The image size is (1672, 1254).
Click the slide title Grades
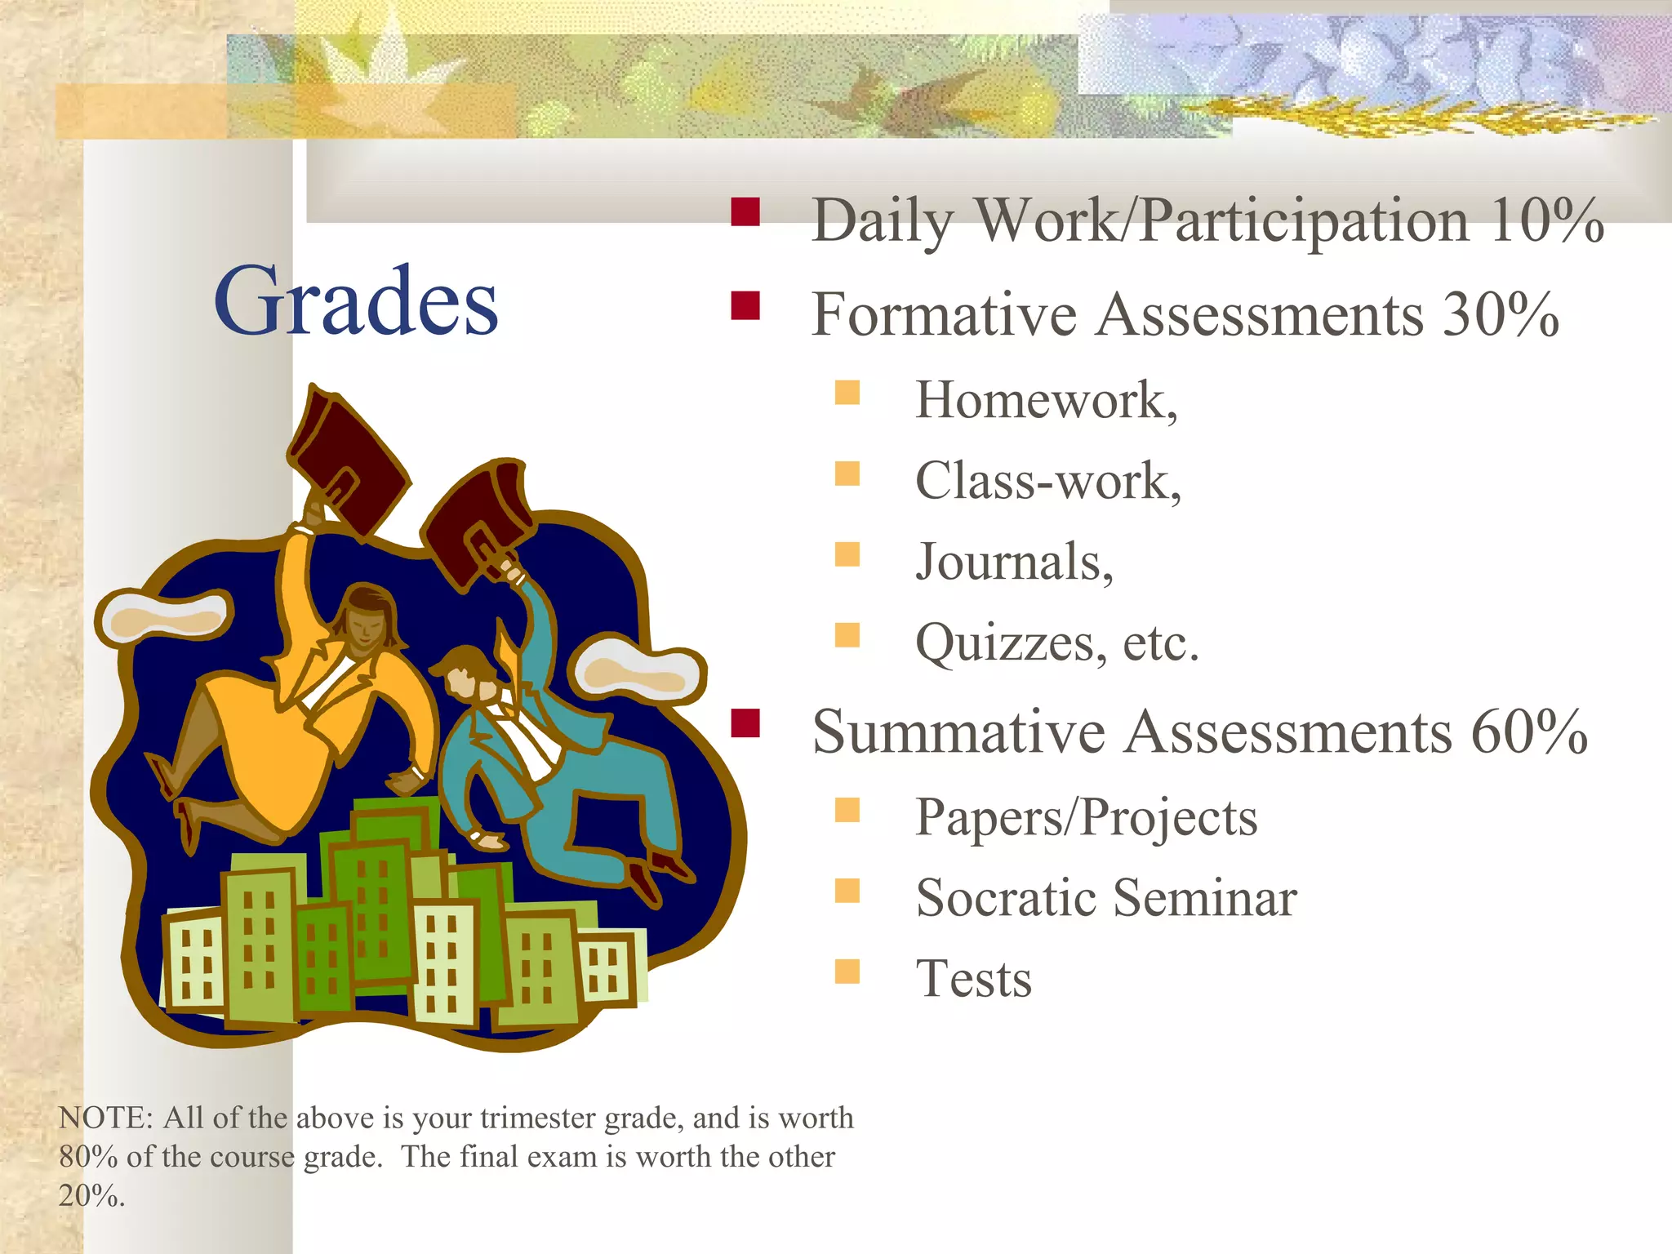[x=356, y=302]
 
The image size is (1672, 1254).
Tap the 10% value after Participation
[x=1545, y=220]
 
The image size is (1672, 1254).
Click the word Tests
[x=973, y=979]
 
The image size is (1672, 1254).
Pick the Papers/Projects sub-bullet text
[x=1086, y=817]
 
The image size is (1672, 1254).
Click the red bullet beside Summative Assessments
[x=745, y=723]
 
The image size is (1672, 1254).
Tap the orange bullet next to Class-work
[x=847, y=474]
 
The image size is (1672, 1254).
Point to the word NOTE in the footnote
[x=104, y=1118]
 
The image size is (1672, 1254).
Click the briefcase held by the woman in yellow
[x=346, y=459]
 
